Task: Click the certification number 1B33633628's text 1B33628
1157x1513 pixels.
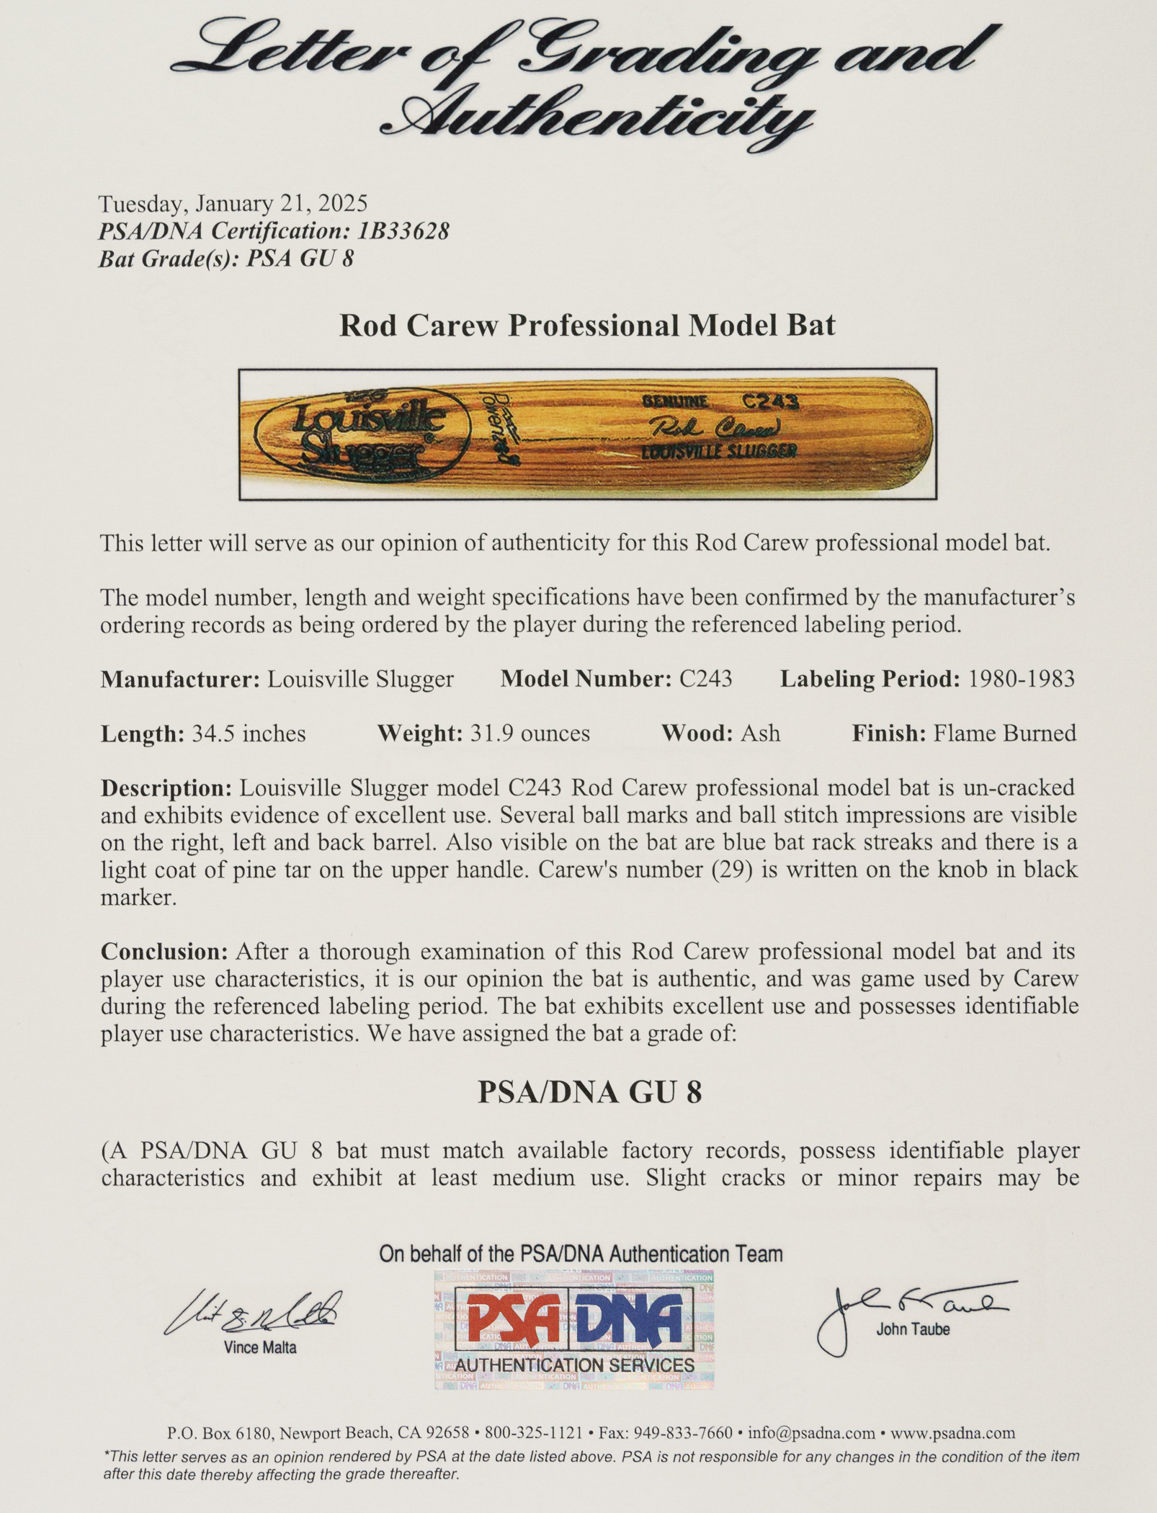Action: (404, 231)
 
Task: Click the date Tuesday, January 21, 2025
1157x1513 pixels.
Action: (233, 204)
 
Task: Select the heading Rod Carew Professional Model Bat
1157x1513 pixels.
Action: (587, 326)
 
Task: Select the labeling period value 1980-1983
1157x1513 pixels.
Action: (1022, 679)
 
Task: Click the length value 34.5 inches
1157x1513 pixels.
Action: (249, 733)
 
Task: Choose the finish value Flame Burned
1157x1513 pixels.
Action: (1005, 733)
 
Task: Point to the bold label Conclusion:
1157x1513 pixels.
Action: (164, 952)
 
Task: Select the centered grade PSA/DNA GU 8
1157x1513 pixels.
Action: (589, 1093)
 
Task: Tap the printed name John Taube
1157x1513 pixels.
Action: (913, 1329)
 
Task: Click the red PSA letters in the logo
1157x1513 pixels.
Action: (513, 1319)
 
